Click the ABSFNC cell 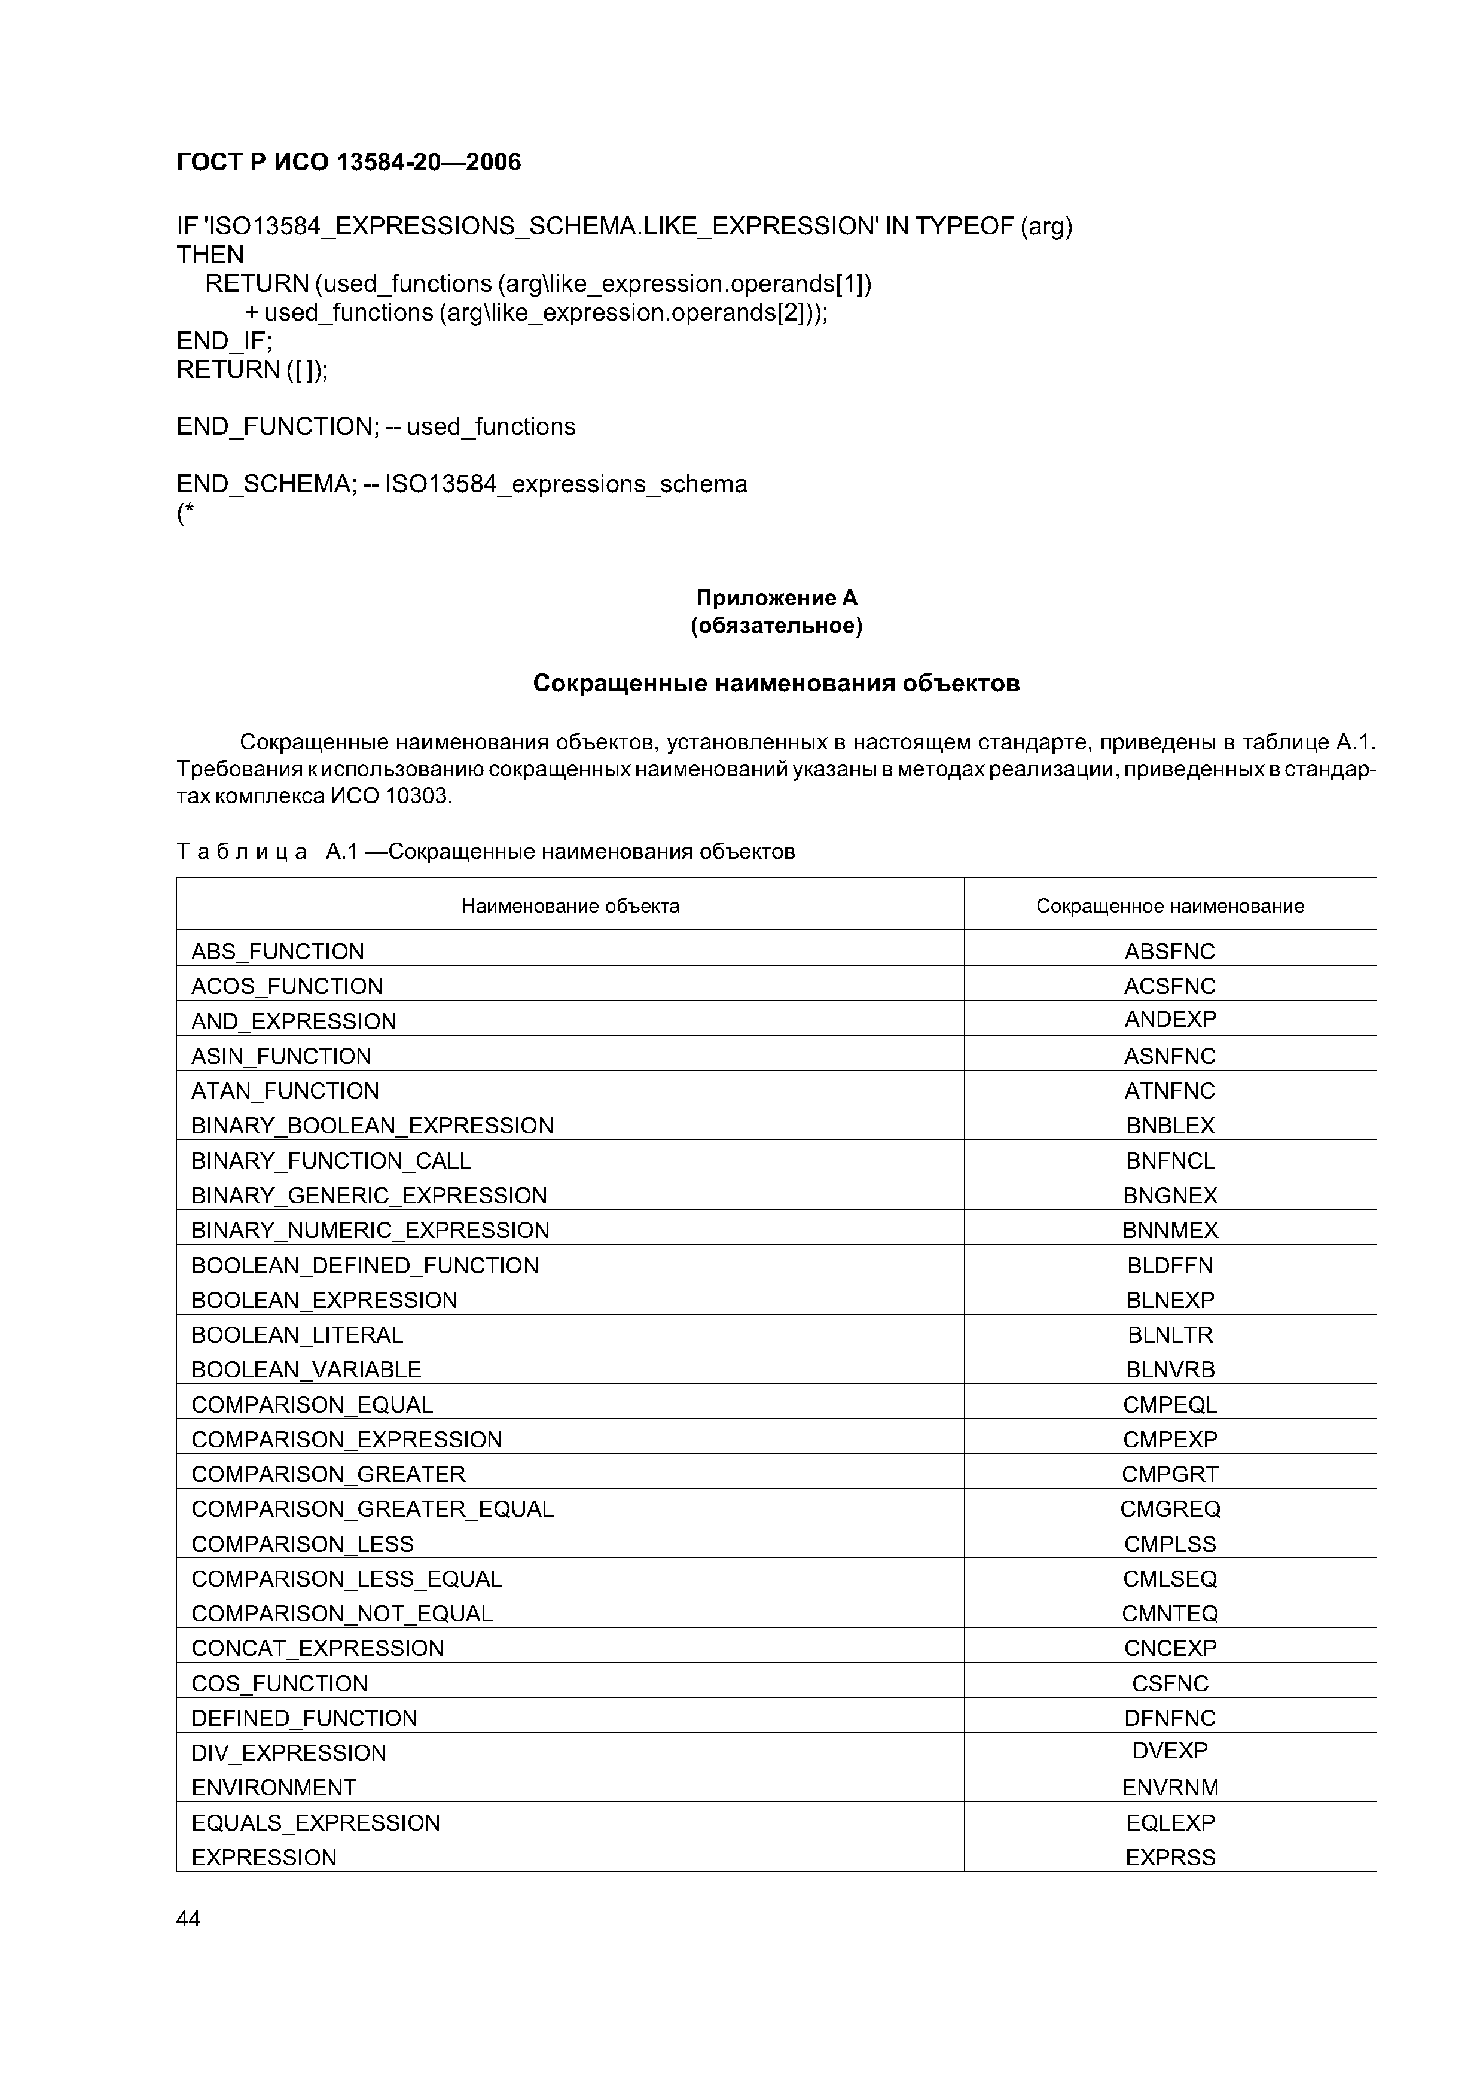[1170, 952]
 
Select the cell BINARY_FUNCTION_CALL [331, 1160]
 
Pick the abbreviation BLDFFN [1170, 1265]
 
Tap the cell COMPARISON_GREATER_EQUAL [372, 1509]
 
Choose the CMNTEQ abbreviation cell [1170, 1614]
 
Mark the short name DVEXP [1170, 1751]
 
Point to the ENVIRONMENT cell [273, 1788]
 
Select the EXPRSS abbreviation [1170, 1857]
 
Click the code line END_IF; [224, 341]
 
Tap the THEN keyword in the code [210, 254]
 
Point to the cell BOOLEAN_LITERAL [297, 1335]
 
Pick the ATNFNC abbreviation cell [1170, 1091]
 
